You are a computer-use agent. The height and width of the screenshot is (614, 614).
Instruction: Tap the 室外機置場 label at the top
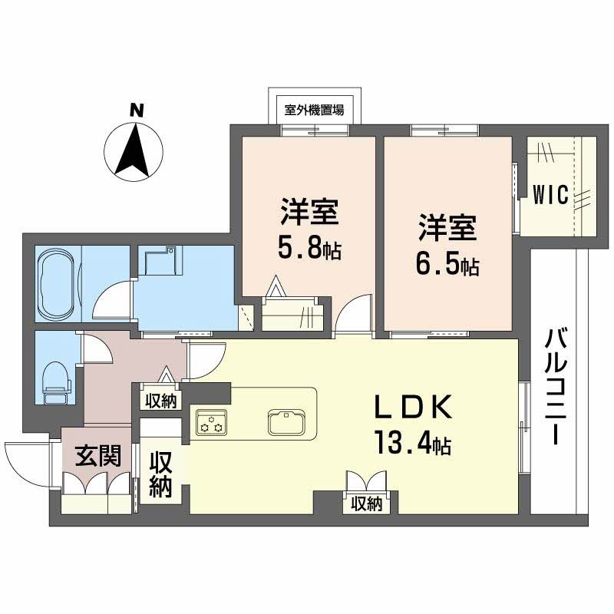tap(313, 110)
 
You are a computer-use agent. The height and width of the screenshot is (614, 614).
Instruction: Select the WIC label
tap(551, 194)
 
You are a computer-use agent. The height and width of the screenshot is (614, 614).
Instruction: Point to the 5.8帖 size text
tap(310, 249)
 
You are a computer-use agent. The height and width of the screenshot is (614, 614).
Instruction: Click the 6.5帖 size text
tap(448, 266)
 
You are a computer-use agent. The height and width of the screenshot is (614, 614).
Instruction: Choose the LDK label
tap(415, 407)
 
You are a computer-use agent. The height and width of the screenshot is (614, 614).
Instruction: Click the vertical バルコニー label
tap(556, 388)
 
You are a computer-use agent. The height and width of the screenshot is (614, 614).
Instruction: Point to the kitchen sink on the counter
tap(287, 421)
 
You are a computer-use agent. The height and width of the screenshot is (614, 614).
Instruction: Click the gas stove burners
tap(210, 422)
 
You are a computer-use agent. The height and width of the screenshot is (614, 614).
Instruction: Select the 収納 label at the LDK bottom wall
tap(367, 503)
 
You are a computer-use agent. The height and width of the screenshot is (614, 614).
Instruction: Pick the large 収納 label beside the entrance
tap(160, 474)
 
